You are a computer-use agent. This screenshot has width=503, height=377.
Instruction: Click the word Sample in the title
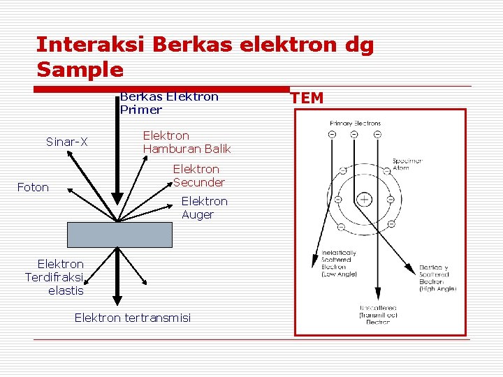tap(80, 70)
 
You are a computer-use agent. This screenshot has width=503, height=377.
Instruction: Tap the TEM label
tap(307, 98)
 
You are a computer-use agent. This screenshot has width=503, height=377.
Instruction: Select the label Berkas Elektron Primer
tap(169, 103)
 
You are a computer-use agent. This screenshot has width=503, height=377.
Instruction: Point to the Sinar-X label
tap(67, 142)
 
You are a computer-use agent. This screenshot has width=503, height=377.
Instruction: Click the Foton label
tap(33, 187)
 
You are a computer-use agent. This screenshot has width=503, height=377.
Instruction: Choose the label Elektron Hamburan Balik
tap(187, 142)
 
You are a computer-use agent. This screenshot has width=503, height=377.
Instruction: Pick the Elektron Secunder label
tap(198, 176)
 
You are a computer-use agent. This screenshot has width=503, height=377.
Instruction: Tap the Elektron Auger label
tap(204, 208)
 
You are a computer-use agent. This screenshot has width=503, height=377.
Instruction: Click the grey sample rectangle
tap(120, 235)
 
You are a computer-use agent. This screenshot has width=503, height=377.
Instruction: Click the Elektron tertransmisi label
tap(132, 318)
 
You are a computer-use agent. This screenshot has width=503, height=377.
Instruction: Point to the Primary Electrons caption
tap(356, 124)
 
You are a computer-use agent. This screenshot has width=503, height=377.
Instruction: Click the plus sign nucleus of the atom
tap(365, 200)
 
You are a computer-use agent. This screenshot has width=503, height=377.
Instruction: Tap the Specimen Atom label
tap(407, 164)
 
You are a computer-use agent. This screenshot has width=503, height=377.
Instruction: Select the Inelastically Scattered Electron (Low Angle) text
tap(339, 264)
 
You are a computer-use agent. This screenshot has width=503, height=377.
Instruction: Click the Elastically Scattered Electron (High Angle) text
tap(438, 278)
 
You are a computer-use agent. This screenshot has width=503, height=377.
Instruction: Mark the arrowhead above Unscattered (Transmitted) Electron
tap(377, 297)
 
